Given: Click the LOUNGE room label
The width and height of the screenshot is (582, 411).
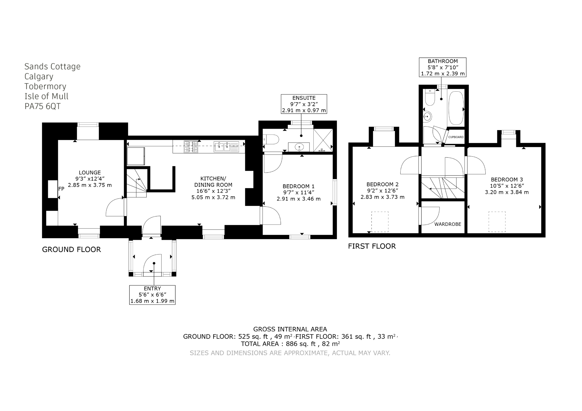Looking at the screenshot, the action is point(90,172).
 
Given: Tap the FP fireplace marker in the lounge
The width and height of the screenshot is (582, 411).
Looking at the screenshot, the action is point(61,189).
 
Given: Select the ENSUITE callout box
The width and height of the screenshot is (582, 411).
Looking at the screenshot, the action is point(304,104).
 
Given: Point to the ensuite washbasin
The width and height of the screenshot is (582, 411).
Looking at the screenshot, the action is point(299,147).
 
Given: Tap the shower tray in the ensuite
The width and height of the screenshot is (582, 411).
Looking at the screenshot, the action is point(323,140).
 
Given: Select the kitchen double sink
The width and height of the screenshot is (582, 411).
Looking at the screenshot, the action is point(226,147).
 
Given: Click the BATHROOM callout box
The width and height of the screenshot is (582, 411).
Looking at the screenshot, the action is point(443,67).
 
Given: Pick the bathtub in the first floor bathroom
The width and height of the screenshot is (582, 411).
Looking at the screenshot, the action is point(456,108).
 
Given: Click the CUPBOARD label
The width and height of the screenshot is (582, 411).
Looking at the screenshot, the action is point(456,137).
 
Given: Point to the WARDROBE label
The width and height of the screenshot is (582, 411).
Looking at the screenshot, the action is point(448,224).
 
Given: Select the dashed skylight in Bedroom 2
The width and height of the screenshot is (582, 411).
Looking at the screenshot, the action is point(380,222).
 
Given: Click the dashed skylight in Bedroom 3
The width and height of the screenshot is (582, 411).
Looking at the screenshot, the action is point(497,222).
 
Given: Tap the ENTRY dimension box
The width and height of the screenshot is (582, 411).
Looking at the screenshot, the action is point(152,295).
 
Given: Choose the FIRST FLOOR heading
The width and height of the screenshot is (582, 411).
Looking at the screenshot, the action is point(372,246).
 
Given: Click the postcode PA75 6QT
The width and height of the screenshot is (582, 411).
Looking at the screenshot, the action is point(43,106).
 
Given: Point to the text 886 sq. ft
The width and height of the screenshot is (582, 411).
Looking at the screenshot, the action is point(301,344).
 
